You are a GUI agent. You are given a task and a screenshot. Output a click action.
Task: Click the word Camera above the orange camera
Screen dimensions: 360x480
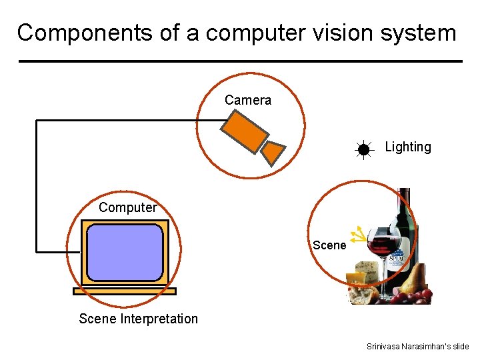click(248, 101)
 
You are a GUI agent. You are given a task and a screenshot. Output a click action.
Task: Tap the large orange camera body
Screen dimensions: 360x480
click(245, 131)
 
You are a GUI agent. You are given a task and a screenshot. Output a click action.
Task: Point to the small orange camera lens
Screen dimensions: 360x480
click(272, 153)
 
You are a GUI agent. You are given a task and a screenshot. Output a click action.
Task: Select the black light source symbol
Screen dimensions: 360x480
click(363, 150)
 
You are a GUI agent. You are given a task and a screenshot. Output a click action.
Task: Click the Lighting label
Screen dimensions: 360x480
click(408, 147)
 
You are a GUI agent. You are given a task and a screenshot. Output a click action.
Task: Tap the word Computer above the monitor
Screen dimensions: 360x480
click(127, 207)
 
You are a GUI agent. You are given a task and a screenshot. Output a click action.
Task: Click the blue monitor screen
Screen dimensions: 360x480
click(125, 252)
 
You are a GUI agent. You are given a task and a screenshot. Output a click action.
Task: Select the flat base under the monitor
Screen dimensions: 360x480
click(125, 291)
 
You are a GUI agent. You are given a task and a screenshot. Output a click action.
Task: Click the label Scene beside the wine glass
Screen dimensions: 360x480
click(329, 245)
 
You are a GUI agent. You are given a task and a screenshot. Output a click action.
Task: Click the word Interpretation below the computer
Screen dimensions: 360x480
click(159, 319)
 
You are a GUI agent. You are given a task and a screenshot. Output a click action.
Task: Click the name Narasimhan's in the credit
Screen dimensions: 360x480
click(419, 347)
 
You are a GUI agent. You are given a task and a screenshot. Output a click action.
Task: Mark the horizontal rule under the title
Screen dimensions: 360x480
click(240, 61)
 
